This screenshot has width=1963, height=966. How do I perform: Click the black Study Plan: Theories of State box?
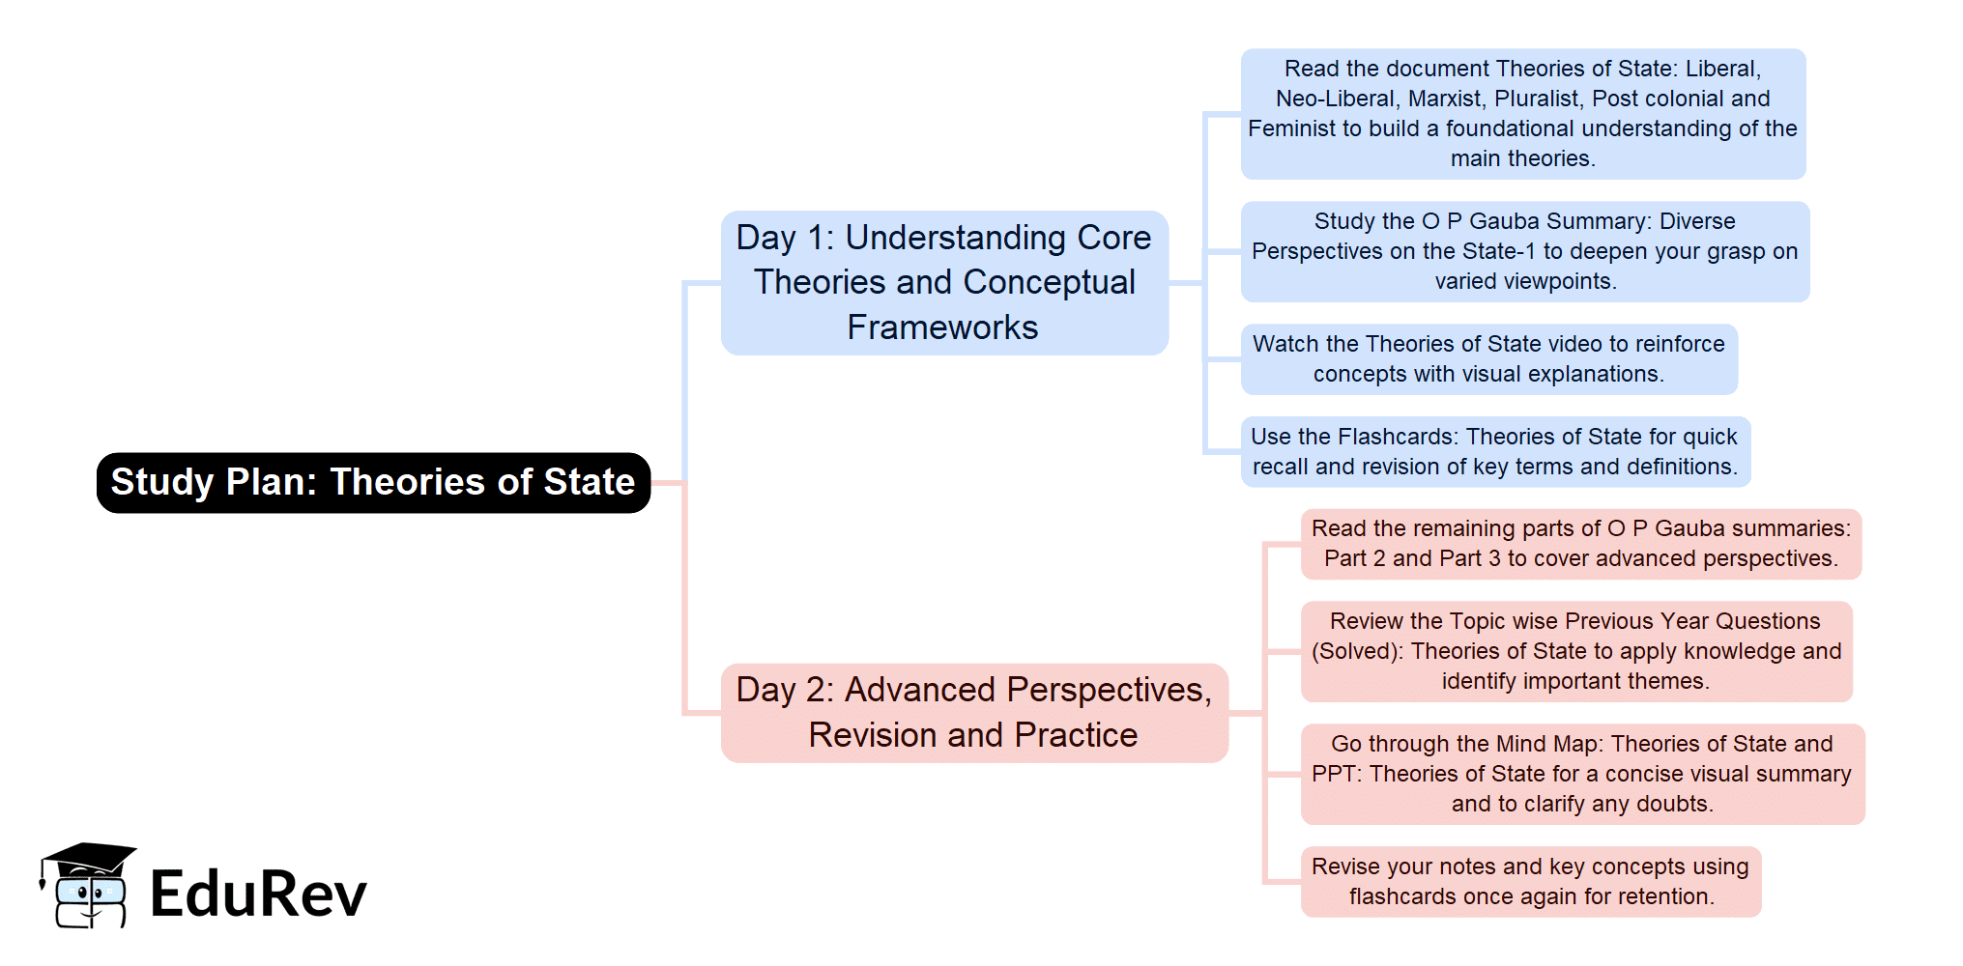(373, 482)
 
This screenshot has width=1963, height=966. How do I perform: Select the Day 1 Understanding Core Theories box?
(944, 282)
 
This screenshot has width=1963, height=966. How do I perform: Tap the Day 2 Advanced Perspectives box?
(973, 713)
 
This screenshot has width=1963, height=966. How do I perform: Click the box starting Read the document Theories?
(1522, 114)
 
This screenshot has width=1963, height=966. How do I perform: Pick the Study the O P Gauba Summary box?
(1524, 251)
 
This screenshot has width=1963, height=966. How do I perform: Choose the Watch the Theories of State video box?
(1488, 359)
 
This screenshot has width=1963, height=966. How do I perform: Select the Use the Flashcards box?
(1494, 452)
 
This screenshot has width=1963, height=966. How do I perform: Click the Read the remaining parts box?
(1580, 544)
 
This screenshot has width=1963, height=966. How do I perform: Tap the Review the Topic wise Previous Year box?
(1575, 651)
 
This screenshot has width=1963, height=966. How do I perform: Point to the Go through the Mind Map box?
(1581, 774)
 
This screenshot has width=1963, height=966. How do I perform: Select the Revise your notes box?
(1530, 881)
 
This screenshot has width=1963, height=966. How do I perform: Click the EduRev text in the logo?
(258, 894)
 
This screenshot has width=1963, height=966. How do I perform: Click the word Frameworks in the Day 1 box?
(942, 327)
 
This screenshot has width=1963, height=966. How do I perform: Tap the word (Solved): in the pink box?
(1357, 651)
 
